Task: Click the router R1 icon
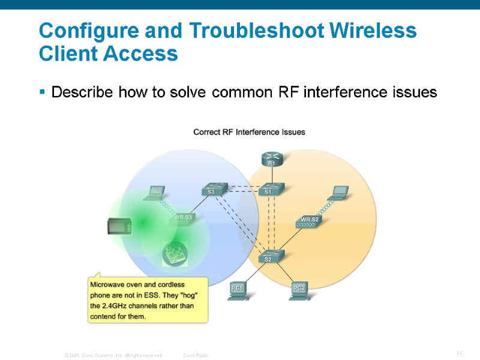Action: pyautogui.click(x=271, y=158)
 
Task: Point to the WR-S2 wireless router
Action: pyautogui.click(x=310, y=221)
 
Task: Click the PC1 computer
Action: pyautogui.click(x=238, y=290)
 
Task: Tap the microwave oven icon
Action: pyautogui.click(x=119, y=226)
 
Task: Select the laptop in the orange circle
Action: pyautogui.click(x=340, y=192)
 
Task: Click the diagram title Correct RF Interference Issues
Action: pyautogui.click(x=249, y=132)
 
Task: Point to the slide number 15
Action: pyautogui.click(x=460, y=355)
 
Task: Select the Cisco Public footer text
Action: pyautogui.click(x=196, y=355)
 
